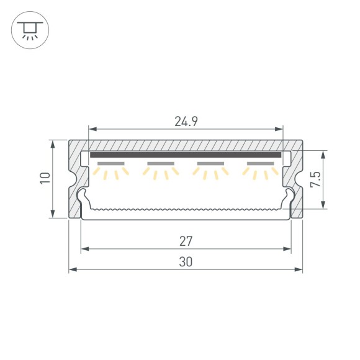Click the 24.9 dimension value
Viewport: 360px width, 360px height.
click(x=186, y=122)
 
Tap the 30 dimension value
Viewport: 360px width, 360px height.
click(x=186, y=261)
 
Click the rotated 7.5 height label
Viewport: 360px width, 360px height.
click(x=315, y=180)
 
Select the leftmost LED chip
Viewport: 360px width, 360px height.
click(x=111, y=164)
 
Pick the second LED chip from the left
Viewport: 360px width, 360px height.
click(x=161, y=164)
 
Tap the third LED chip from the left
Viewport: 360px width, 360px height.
click(x=210, y=164)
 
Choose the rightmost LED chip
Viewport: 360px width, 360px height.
click(x=261, y=164)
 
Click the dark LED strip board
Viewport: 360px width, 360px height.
click(x=186, y=155)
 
